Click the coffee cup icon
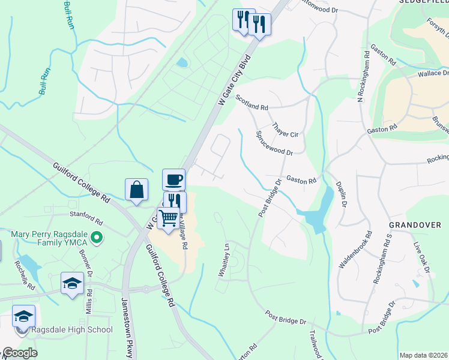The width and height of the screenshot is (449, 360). [x=173, y=179]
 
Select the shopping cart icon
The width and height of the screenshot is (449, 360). [x=169, y=217]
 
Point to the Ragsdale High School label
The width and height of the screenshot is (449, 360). [x=74, y=329]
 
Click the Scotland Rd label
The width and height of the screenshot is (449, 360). [x=252, y=102]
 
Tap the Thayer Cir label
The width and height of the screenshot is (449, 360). [x=285, y=130]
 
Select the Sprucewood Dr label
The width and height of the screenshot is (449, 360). [x=274, y=144]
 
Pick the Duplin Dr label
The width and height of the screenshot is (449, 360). [x=340, y=195]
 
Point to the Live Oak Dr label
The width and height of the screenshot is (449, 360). [x=422, y=257]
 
